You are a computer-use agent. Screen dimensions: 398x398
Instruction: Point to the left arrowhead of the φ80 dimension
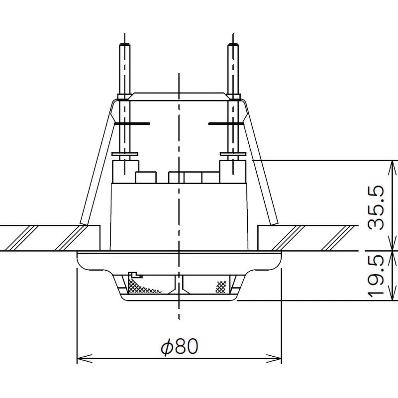pos(83,358)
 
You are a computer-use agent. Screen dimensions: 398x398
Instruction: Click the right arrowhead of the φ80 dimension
pos(276,358)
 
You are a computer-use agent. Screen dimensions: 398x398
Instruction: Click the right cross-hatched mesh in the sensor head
pos(221,287)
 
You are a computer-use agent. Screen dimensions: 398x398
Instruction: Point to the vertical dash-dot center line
pos(178,199)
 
